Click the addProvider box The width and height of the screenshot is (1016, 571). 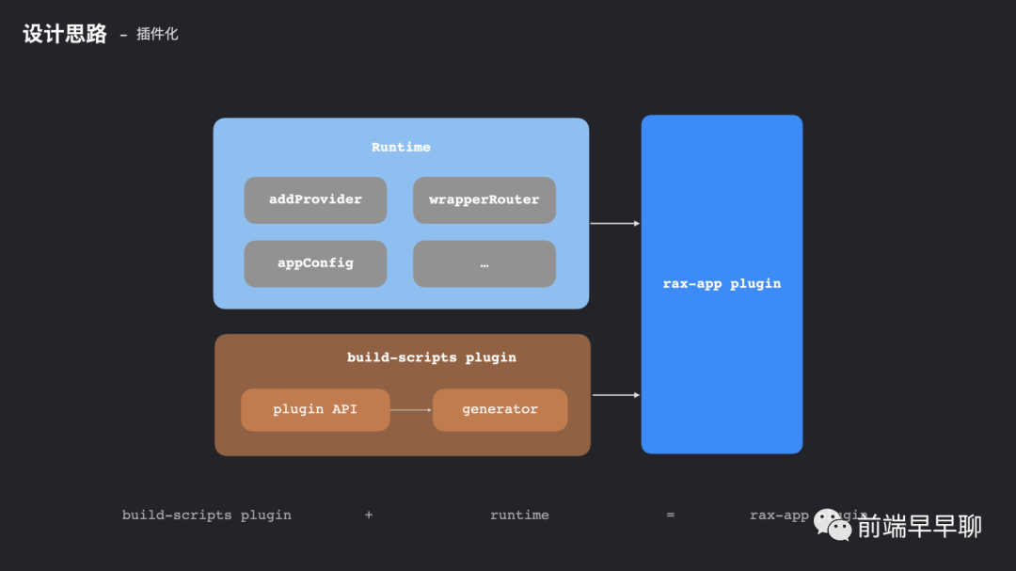(x=315, y=199)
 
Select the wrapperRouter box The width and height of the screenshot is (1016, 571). (x=484, y=199)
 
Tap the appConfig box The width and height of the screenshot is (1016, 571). (x=315, y=263)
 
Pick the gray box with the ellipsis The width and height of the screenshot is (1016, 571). (x=484, y=263)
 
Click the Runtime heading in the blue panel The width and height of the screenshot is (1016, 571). (x=401, y=147)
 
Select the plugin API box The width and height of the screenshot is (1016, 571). (x=315, y=409)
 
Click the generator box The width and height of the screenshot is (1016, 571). (x=500, y=409)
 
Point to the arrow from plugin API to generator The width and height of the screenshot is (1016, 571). (x=411, y=409)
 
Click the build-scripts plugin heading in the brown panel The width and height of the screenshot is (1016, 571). (x=432, y=357)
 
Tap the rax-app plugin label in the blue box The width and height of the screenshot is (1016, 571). (x=722, y=283)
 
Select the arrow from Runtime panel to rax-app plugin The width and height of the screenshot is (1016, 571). (x=615, y=224)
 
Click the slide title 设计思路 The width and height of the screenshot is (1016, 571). (x=65, y=35)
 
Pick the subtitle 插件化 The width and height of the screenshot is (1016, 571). (x=157, y=35)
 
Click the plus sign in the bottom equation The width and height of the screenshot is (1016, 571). (x=369, y=515)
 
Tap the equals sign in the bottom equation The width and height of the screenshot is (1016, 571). (x=671, y=515)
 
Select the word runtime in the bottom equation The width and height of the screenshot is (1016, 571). (x=519, y=515)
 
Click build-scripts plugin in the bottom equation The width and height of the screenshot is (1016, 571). (x=207, y=515)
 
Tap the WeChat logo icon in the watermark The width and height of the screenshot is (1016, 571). (x=833, y=524)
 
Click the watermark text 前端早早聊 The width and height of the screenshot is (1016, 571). (x=919, y=526)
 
